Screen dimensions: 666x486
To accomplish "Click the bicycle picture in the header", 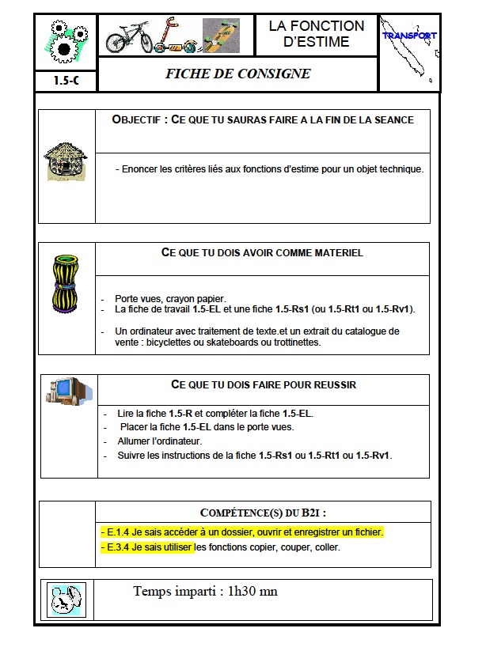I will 128,36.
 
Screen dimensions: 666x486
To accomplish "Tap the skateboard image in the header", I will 221,35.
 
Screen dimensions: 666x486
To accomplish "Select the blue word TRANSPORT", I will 409,36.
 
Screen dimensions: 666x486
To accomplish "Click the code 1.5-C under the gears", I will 66,81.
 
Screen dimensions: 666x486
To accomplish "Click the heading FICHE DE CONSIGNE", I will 237,74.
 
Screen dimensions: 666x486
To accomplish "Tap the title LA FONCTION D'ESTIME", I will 317,34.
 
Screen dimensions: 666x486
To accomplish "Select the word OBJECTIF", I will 139,119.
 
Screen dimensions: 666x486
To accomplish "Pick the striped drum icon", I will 65,282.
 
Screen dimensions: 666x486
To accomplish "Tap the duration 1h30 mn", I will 247,591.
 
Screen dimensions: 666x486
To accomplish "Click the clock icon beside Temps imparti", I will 66,599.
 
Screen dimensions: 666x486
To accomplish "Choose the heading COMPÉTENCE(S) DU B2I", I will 264,512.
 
